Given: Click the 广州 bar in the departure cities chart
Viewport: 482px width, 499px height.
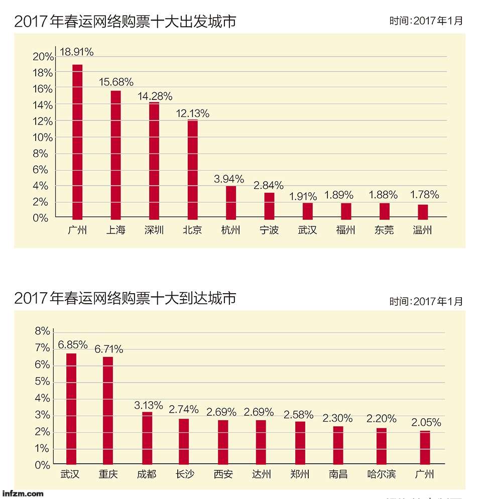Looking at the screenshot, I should coord(77,142).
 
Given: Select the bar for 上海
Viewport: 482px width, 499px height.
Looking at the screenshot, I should coord(115,155).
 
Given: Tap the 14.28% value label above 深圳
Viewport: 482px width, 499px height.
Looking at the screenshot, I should coord(155,96).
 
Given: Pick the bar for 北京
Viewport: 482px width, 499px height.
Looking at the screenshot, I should coord(192,169).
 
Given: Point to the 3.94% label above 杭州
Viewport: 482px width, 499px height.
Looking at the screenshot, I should coord(229,179).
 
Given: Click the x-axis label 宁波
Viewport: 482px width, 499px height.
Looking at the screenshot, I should coord(269,230).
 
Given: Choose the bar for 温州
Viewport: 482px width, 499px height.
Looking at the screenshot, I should coord(423,211).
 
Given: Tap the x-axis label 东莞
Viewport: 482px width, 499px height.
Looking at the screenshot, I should coord(384,230).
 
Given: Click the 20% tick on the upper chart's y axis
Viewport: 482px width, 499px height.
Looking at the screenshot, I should coord(43,56).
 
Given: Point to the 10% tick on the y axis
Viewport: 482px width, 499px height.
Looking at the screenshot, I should coord(43,137).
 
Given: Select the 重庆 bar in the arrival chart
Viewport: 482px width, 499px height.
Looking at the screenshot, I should coord(108,410).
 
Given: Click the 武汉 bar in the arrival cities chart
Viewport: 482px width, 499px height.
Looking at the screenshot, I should coord(71,409).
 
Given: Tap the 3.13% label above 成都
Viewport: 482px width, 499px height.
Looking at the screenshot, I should coord(148,405).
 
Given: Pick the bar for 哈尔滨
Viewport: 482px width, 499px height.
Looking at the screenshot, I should coord(382,446).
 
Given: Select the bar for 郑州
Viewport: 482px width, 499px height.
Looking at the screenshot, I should coord(299,443).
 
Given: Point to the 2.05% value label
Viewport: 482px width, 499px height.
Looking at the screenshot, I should coord(426,423).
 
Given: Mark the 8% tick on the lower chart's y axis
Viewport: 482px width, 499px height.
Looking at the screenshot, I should coord(42,331).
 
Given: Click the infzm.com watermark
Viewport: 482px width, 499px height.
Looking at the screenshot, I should coord(23,493).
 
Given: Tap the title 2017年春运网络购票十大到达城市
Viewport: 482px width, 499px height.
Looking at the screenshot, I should coord(125,299).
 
